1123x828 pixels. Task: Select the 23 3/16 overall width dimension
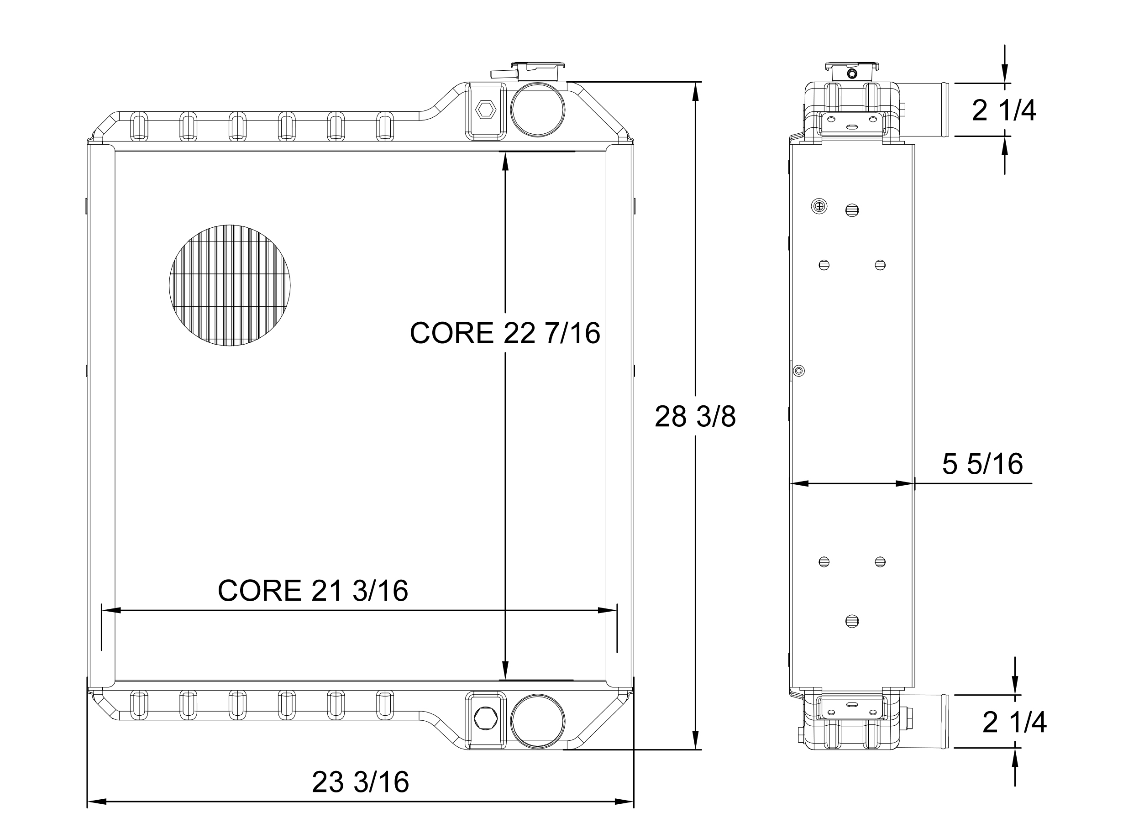point(361,782)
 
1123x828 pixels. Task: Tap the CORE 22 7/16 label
point(505,333)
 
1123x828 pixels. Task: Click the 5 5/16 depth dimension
point(982,464)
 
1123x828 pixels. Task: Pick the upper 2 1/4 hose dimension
point(1004,111)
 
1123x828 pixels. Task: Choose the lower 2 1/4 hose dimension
point(1014,723)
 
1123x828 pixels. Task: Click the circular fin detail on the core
point(230,285)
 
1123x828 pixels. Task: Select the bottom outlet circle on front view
point(537,721)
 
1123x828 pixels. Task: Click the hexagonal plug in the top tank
point(485,109)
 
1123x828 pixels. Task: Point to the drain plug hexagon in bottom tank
point(485,718)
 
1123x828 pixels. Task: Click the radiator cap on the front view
point(537,72)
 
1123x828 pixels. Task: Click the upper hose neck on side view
point(923,109)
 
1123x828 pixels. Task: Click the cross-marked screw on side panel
point(819,205)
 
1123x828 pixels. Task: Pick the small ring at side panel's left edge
point(800,371)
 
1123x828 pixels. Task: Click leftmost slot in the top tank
point(139,126)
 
